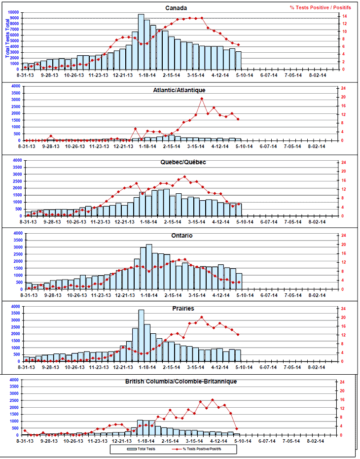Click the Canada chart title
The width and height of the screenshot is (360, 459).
[x=176, y=8]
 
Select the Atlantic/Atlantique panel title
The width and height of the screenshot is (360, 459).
[x=180, y=90]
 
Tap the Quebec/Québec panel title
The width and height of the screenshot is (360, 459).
[x=182, y=162]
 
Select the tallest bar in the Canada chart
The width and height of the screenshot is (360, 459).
[x=141, y=42]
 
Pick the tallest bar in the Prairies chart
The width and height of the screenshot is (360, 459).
[x=141, y=335]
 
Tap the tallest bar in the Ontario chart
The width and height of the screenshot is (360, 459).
[x=149, y=266]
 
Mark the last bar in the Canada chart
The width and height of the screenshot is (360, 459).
[x=239, y=60]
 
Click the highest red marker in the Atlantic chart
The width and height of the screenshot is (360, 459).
[x=202, y=99]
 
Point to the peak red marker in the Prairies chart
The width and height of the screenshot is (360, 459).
[x=202, y=317]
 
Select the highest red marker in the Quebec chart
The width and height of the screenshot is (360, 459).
[x=185, y=177]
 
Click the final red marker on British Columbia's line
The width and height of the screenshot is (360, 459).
[x=237, y=429]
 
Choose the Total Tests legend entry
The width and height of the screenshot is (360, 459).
[x=140, y=449]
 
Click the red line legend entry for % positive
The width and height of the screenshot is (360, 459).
[x=195, y=449]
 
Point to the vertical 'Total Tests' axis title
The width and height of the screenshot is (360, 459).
[x=7, y=37]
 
